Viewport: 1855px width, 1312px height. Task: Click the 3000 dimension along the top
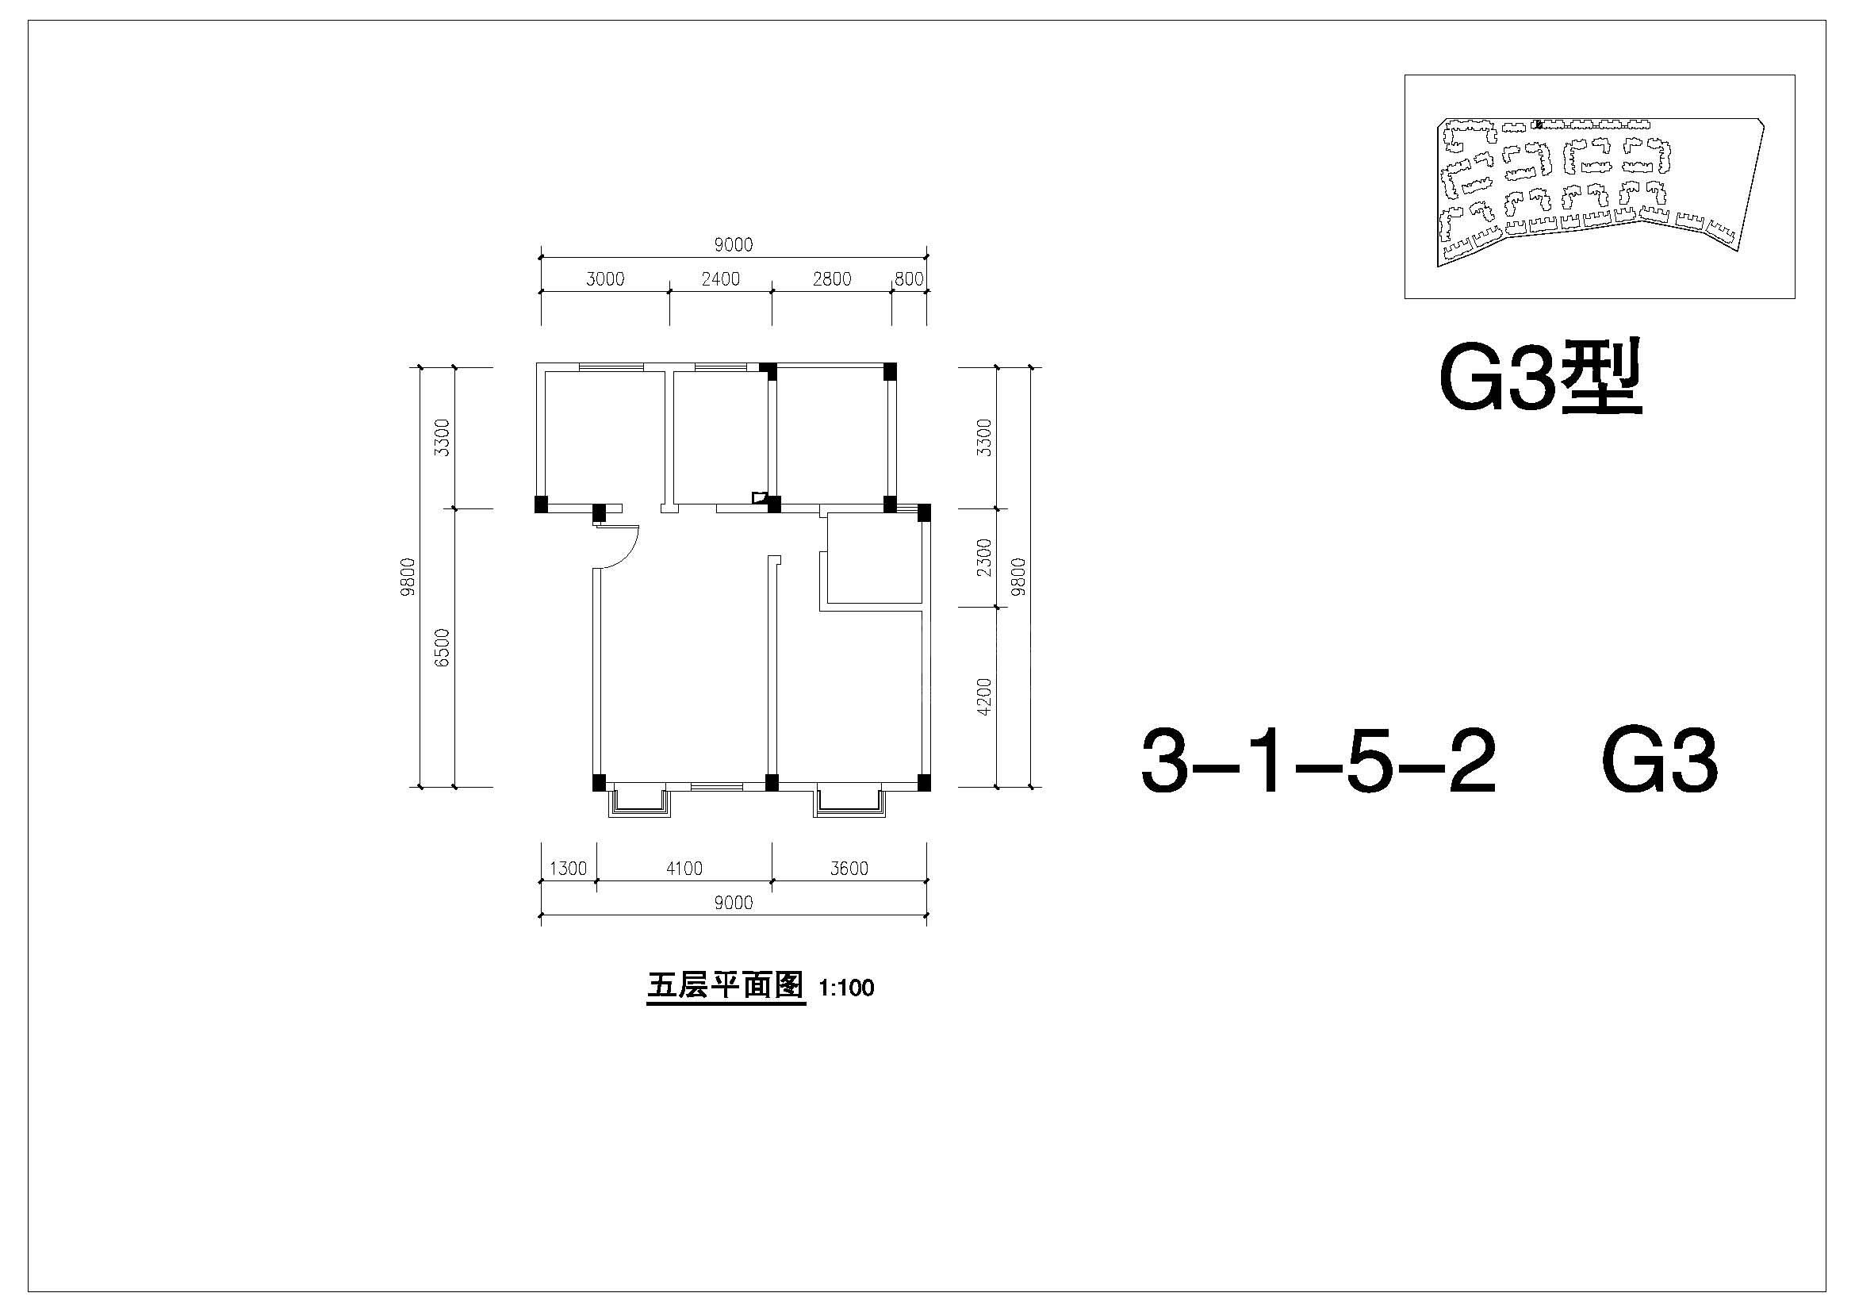pos(605,278)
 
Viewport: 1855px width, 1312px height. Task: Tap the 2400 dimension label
pos(721,278)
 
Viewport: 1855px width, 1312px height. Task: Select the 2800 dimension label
pos(832,278)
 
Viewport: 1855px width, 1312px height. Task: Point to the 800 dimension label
pos(909,278)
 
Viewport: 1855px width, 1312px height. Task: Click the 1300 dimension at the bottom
pos(568,869)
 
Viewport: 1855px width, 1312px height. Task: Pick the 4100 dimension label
pos(684,869)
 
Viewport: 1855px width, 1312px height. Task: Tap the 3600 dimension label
pos(849,869)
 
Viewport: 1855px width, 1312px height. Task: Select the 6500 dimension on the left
pos(441,647)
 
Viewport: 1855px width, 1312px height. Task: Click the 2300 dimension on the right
pos(983,558)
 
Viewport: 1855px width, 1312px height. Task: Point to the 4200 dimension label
pos(983,696)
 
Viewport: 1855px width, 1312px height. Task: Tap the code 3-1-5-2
pos(1318,761)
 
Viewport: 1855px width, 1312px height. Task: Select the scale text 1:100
pos(847,988)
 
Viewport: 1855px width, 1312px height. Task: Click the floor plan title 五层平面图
pos(726,987)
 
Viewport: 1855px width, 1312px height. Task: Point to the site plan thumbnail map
pos(1600,186)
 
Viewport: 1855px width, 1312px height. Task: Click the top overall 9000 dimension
pos(734,245)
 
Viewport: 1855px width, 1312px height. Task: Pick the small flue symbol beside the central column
pos(758,497)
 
